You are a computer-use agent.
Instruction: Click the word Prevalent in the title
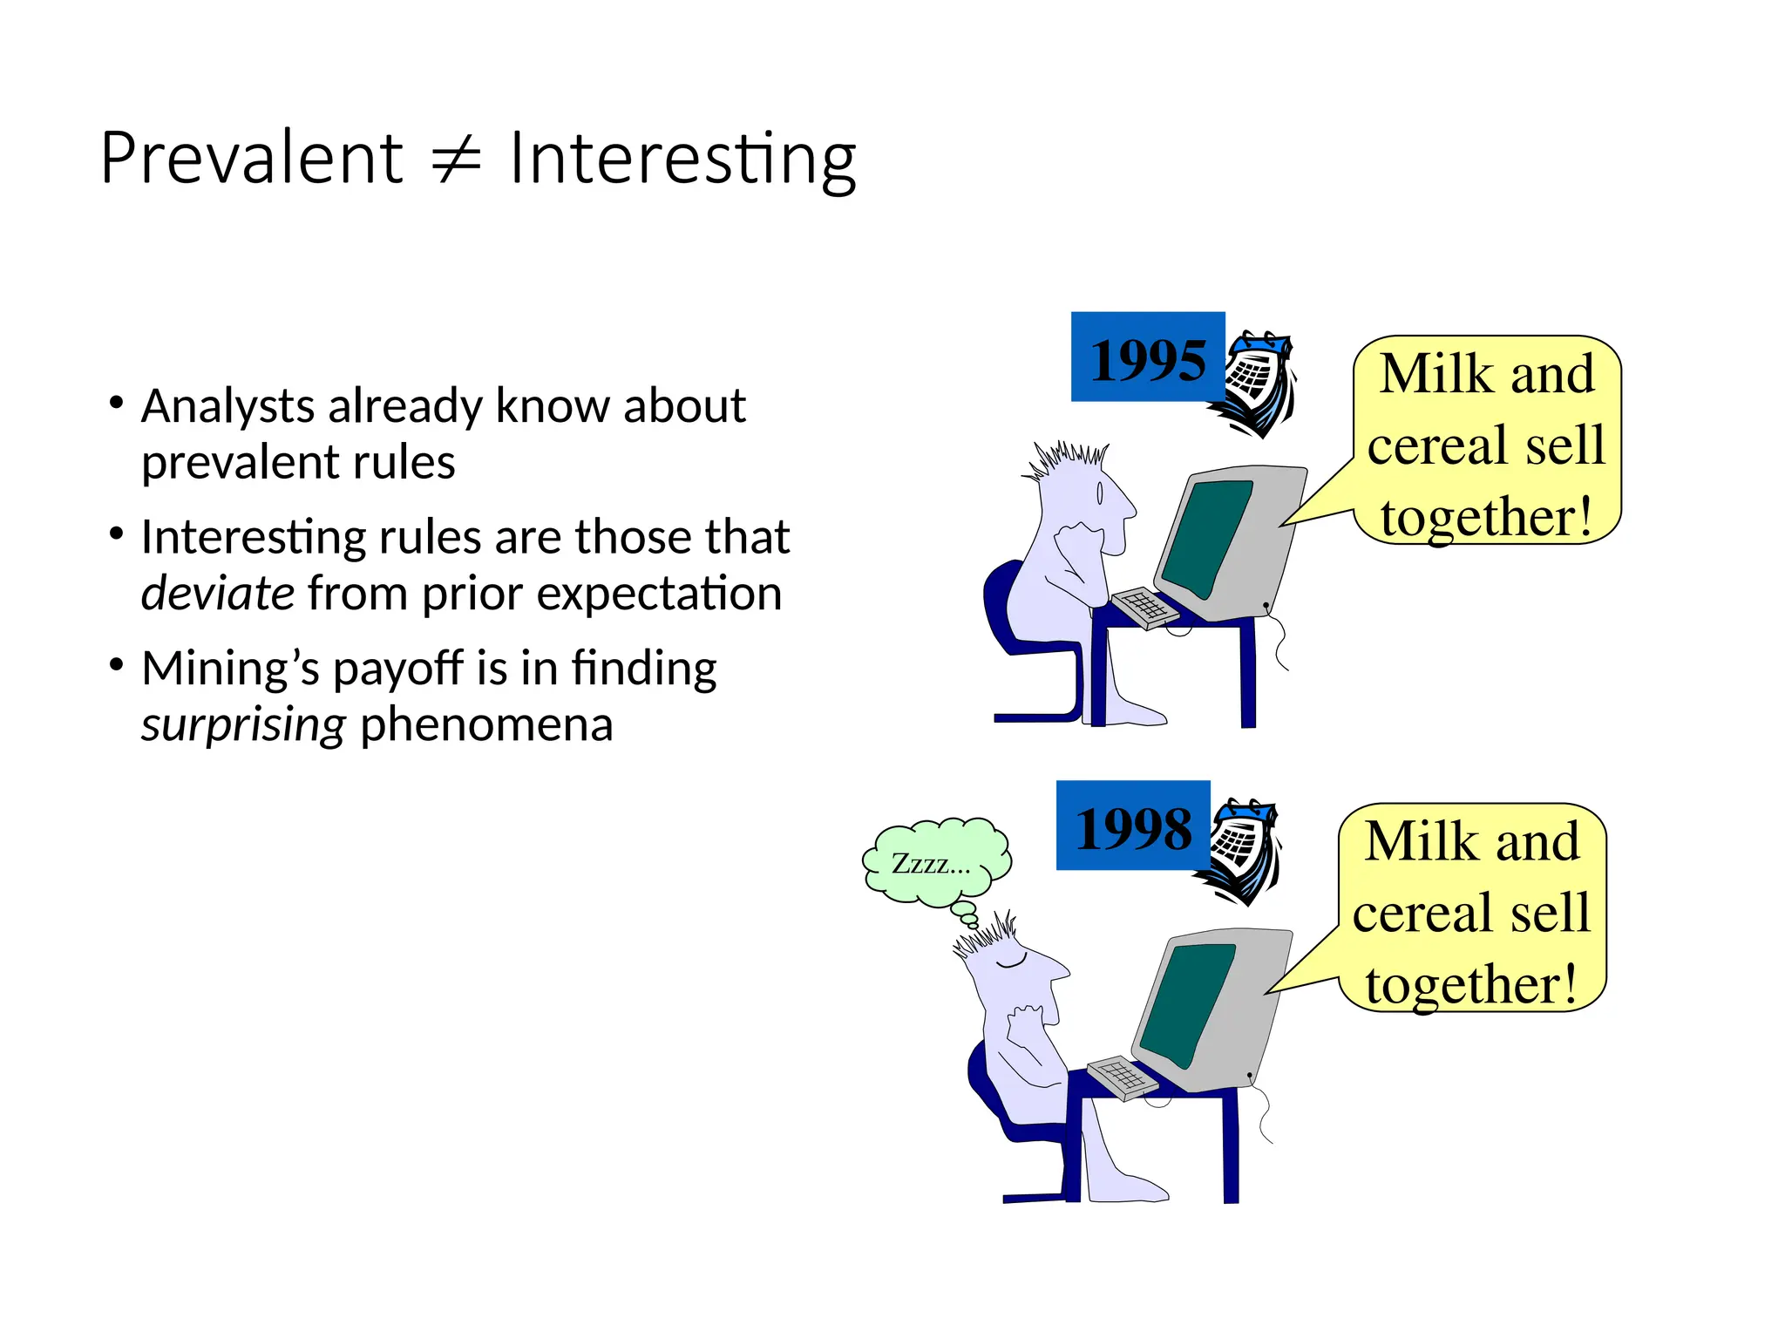pyautogui.click(x=251, y=159)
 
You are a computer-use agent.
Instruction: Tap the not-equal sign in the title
pyautogui.click(x=457, y=160)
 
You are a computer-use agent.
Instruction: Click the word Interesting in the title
pyautogui.click(x=682, y=160)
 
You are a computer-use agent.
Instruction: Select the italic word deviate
pyautogui.click(x=218, y=594)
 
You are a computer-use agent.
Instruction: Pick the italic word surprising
pyautogui.click(x=244, y=724)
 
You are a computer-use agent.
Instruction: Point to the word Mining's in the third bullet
pyautogui.click(x=230, y=669)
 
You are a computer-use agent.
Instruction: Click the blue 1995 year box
pyautogui.click(x=1147, y=358)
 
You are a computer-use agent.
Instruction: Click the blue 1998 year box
pyautogui.click(x=1132, y=826)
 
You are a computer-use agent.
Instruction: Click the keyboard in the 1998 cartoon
pyautogui.click(x=1122, y=1077)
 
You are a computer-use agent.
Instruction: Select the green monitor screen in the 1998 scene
pyautogui.click(x=1186, y=1003)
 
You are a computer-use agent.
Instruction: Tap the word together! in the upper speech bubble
pyautogui.click(x=1487, y=517)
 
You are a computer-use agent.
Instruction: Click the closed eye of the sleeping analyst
pyautogui.click(x=1012, y=962)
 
